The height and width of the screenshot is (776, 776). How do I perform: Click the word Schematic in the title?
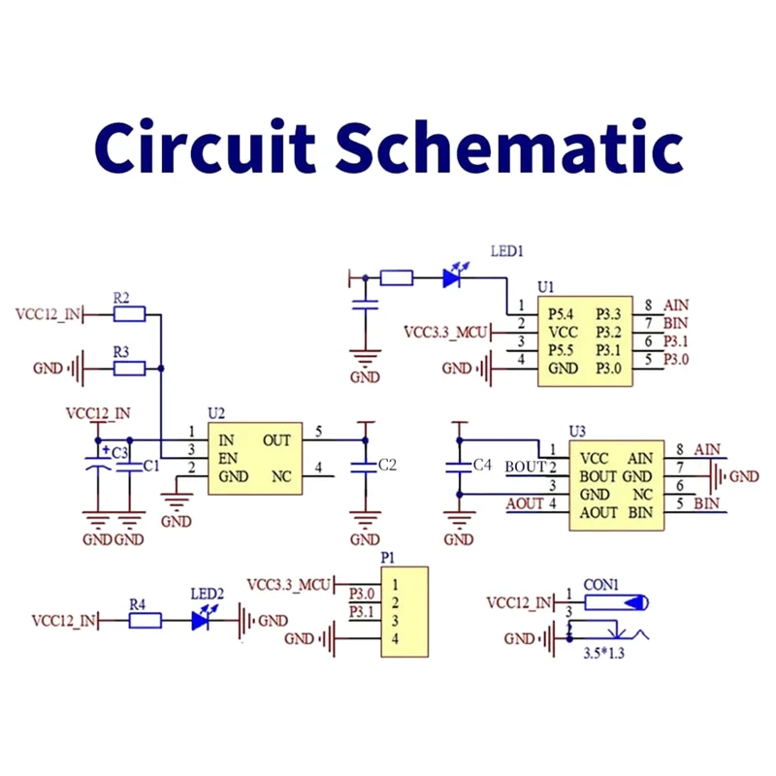click(x=514, y=147)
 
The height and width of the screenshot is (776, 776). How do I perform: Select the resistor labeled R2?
click(x=128, y=314)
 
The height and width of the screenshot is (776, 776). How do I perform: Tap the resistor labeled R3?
click(x=128, y=369)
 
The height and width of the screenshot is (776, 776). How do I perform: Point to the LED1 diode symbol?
click(x=452, y=278)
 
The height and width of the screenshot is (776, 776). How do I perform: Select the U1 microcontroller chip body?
click(x=585, y=341)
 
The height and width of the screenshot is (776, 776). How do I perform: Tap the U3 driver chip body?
click(x=616, y=484)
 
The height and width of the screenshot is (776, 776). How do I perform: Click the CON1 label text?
click(x=601, y=585)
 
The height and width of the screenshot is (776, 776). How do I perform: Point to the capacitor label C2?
click(x=387, y=466)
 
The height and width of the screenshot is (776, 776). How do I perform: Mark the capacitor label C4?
click(x=482, y=466)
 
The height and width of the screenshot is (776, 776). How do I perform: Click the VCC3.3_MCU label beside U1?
click(x=447, y=332)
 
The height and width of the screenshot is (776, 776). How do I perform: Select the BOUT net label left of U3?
click(x=526, y=467)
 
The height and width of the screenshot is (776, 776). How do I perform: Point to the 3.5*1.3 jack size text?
click(x=603, y=656)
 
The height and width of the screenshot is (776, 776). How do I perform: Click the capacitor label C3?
click(x=119, y=452)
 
